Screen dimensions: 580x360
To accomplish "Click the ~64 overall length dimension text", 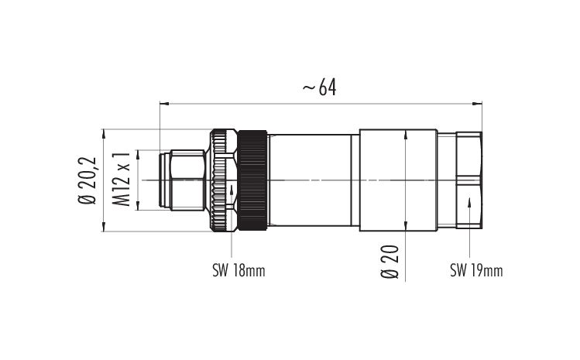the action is pos(320,88).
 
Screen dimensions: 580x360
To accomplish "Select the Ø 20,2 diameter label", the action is pos(88,180).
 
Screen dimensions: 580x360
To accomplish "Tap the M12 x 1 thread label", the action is pos(121,179).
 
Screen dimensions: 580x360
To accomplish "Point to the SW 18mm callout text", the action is pos(239,270).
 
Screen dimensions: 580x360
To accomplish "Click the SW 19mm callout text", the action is pos(476,270).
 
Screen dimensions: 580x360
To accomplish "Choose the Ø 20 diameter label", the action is pos(390,261).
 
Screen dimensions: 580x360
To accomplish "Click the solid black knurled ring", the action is pos(252,180).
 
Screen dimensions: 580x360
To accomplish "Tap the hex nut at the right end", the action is pos(469,180).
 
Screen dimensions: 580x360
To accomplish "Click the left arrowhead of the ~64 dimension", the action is pos(164,104).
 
